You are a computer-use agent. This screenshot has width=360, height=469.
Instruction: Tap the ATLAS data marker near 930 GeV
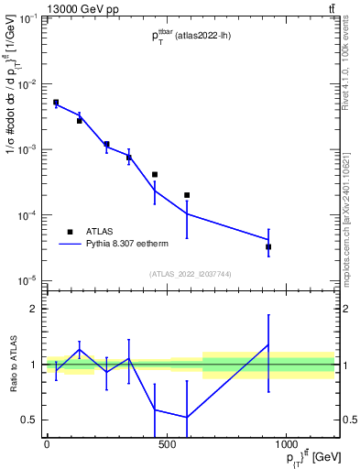point(268,246)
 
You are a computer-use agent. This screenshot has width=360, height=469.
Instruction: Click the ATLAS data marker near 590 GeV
point(187,195)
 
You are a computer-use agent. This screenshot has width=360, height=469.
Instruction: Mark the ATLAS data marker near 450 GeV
point(155,174)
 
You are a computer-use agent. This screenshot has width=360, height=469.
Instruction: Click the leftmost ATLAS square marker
point(56,103)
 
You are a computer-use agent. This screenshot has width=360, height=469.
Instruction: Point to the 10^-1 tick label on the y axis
point(29,18)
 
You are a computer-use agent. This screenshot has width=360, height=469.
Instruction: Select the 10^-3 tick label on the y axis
point(29,149)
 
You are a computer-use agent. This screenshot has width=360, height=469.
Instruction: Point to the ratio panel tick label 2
point(35,309)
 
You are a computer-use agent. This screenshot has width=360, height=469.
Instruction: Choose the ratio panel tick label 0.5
point(31,420)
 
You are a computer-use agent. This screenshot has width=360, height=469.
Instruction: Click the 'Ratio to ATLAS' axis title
point(11,365)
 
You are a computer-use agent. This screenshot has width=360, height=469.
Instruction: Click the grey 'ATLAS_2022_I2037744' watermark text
point(191,273)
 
